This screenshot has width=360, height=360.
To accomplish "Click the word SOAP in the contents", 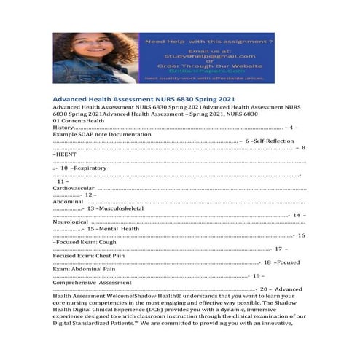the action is point(85,135).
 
